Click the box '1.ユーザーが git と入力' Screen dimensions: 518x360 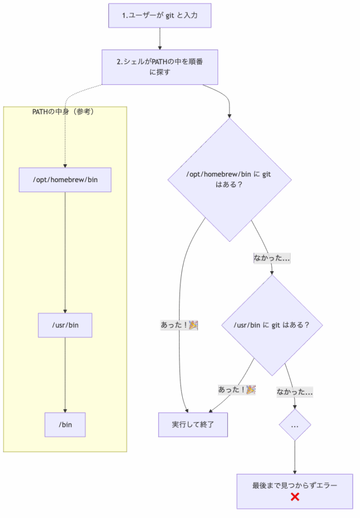pos(159,16)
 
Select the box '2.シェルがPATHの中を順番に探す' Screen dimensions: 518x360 pos(159,67)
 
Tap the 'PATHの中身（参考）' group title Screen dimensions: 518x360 pos(63,112)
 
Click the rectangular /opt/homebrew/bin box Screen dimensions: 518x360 pos(65,180)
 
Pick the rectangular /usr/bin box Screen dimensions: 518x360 pos(65,325)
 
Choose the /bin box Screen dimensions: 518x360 pos(65,424)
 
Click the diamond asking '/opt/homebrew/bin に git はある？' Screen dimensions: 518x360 pos(229,180)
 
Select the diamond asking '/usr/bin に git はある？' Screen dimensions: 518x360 pos(272,325)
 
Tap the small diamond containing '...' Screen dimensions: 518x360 pos(295,425)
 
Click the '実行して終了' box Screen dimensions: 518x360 pos(193,424)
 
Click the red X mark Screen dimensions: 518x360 pos(295,497)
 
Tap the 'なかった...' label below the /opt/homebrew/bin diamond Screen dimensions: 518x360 pos(271,258)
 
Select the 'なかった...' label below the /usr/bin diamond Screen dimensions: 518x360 pos(294,392)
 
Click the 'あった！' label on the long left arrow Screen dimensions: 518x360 pos(179,325)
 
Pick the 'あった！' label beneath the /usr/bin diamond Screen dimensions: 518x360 pos(236,390)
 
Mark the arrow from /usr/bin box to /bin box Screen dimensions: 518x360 pos(65,374)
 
